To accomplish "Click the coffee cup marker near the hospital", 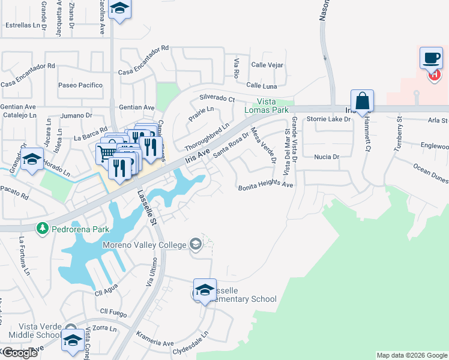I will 431,58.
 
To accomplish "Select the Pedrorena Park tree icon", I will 42,228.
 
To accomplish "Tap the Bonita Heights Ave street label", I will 265,186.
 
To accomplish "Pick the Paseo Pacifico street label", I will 80,85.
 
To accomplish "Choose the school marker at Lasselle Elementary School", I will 205,290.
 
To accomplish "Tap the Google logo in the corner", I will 20,353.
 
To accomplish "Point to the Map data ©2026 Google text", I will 412,355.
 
